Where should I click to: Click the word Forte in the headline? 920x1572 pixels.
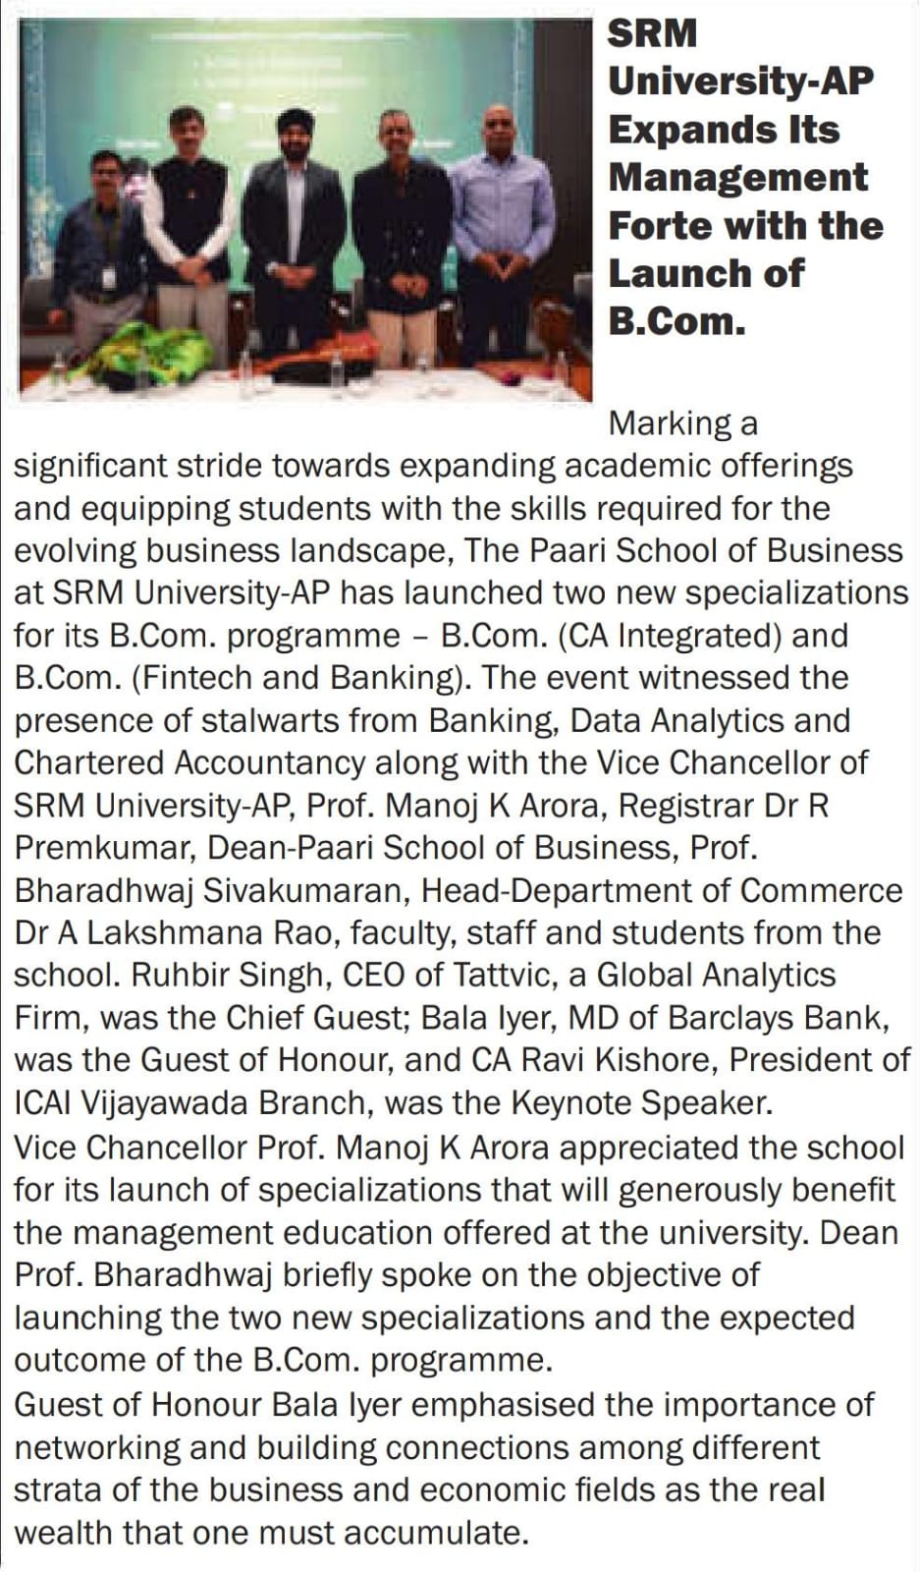pos(657,225)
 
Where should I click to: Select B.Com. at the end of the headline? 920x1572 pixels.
pos(676,321)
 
